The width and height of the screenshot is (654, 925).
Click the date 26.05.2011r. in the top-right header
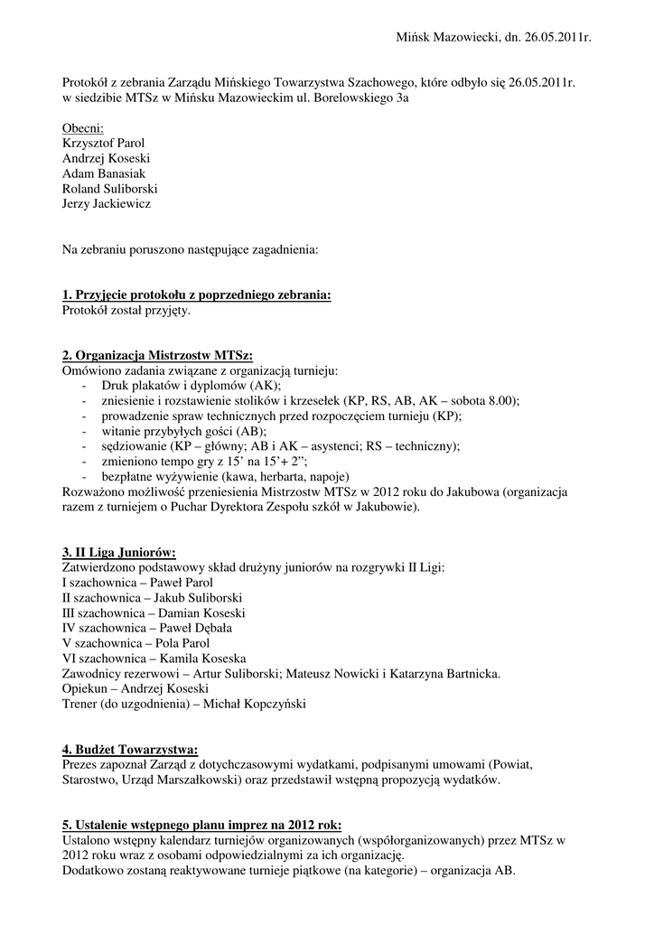click(549, 37)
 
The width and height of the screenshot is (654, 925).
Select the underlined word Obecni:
click(83, 127)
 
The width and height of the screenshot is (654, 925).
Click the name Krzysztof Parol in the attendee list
click(103, 143)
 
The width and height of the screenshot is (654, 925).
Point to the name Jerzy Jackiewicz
click(107, 204)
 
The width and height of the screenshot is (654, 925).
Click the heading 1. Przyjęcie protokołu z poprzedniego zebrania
click(196, 295)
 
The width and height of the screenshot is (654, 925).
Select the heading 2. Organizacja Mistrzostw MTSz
click(157, 356)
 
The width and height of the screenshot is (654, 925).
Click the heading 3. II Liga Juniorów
click(118, 552)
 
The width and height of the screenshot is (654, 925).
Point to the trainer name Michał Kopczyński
click(255, 704)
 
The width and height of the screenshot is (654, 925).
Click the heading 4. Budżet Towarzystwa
click(130, 749)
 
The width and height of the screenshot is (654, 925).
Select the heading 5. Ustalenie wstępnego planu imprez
click(202, 825)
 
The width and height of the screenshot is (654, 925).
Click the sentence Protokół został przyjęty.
click(126, 310)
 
